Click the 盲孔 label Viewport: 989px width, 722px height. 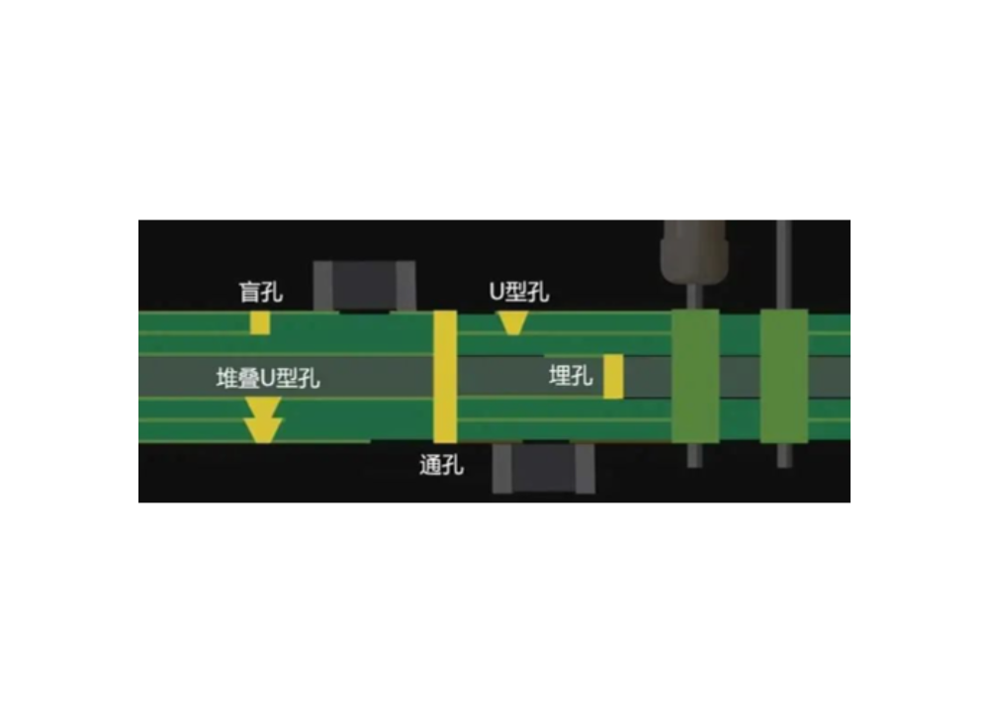[260, 292]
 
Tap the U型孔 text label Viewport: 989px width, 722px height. [519, 292]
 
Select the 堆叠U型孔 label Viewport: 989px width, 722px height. [268, 379]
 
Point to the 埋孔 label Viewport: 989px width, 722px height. [571, 376]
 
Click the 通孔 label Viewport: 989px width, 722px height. [441, 466]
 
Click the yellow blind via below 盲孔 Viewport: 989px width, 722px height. [260, 322]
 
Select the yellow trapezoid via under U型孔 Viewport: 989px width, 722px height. [512, 322]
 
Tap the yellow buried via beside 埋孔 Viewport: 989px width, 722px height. [613, 377]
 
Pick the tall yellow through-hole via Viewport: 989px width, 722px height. [445, 377]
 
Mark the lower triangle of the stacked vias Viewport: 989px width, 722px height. [263, 430]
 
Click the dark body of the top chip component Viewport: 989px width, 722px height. [365, 286]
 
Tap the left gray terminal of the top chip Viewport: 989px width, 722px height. [323, 286]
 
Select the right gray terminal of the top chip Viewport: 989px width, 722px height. [405, 286]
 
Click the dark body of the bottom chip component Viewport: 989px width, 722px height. [544, 468]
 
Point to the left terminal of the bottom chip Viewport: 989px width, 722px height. [502, 468]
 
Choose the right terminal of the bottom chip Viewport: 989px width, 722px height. [584, 468]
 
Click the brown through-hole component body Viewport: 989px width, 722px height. [694, 252]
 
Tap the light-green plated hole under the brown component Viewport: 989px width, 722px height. [695, 377]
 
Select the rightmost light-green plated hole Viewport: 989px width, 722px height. [784, 377]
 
